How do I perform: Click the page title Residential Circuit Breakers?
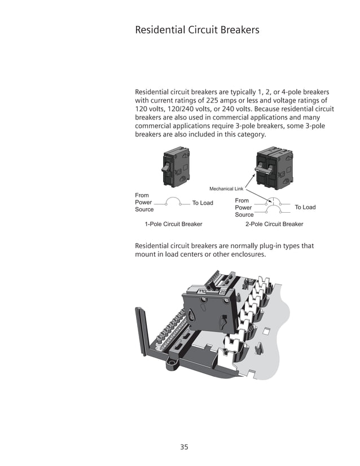tap(197, 30)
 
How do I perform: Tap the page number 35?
tap(184, 447)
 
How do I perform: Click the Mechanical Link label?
tap(226, 188)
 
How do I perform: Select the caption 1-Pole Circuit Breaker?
tap(173, 224)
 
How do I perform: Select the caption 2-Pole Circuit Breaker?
tap(274, 224)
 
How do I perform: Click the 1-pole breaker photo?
tap(175, 166)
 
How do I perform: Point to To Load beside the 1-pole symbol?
tap(203, 203)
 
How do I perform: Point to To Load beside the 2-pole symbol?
tap(305, 207)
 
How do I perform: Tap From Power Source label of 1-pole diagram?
tap(144, 203)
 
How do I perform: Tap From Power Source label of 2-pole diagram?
tap(244, 208)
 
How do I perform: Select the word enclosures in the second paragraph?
tap(243, 254)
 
